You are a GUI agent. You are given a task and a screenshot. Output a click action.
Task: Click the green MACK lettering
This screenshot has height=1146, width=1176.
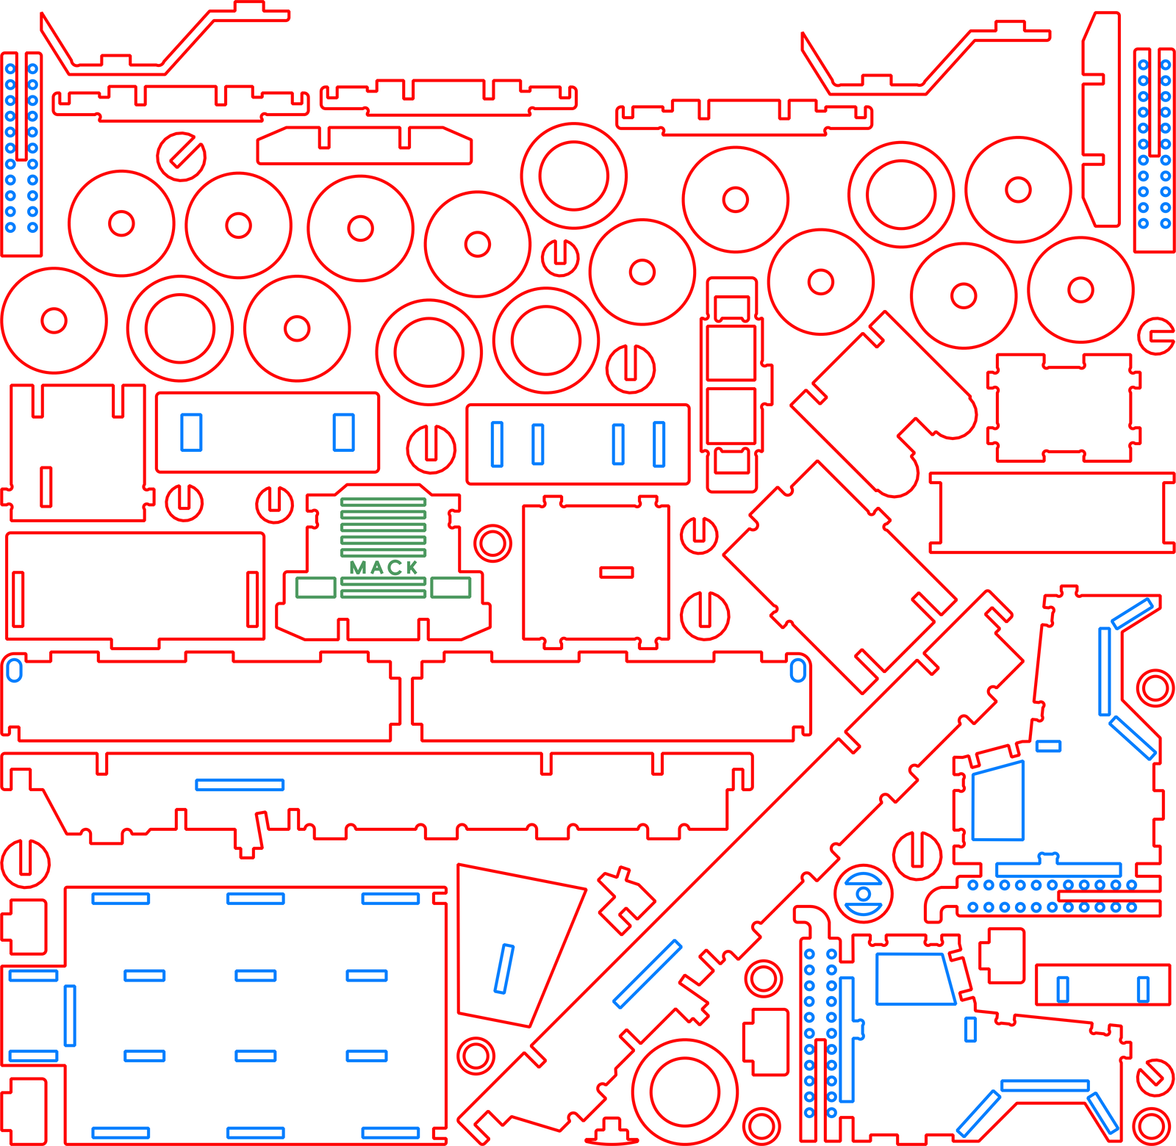tap(384, 567)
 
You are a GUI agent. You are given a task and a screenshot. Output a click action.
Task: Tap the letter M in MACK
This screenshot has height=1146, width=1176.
tap(358, 568)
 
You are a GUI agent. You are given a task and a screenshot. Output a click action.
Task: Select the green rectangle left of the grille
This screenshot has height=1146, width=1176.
tap(316, 588)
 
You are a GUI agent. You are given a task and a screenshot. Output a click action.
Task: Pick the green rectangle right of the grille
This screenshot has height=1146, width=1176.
tap(451, 588)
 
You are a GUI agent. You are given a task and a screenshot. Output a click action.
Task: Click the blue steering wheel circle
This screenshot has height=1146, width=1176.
tap(864, 894)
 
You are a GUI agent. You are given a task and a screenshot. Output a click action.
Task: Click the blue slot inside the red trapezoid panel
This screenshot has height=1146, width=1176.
tap(504, 969)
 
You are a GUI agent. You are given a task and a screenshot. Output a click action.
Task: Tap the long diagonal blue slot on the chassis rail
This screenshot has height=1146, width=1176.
tap(648, 973)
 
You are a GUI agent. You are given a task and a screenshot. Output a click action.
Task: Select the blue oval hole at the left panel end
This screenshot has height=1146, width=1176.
tap(14, 670)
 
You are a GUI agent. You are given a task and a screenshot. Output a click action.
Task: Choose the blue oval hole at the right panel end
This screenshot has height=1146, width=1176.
tap(798, 670)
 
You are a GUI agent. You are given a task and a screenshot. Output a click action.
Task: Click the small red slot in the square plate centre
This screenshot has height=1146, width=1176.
tap(616, 572)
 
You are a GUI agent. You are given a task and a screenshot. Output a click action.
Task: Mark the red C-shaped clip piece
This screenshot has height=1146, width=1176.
tap(1156, 336)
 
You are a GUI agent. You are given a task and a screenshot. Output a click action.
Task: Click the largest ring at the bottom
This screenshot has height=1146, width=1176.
tap(685, 1092)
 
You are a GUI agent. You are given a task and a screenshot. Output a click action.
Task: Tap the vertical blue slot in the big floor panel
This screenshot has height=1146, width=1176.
tap(70, 1016)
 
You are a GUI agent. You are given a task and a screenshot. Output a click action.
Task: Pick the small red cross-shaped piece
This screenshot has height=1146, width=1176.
tap(625, 899)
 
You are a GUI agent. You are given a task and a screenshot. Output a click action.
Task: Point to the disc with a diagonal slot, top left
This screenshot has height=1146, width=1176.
tap(181, 156)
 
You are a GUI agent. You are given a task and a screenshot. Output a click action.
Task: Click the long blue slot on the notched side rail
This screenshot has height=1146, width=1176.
tap(240, 785)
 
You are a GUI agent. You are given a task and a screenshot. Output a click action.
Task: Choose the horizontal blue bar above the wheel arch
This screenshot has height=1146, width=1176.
tap(1044, 1085)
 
